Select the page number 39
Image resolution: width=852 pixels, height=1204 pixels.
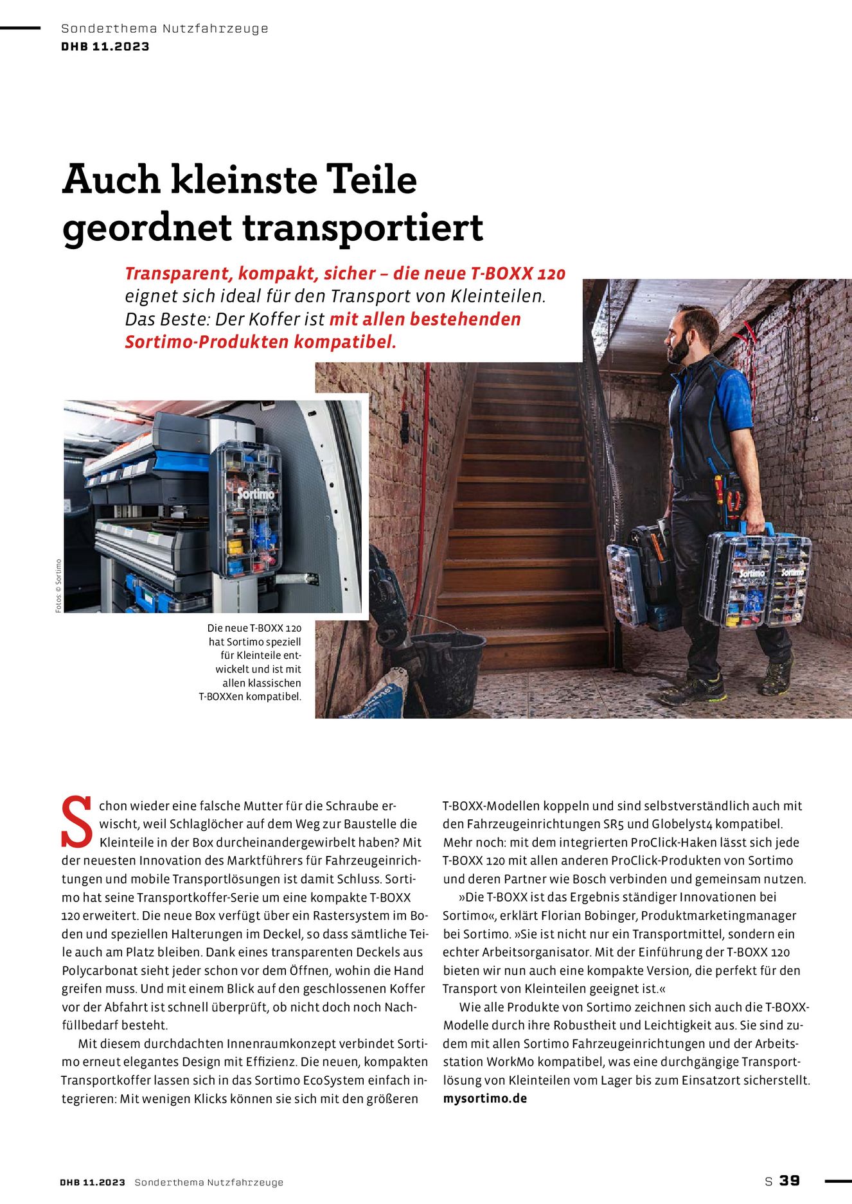(790, 1181)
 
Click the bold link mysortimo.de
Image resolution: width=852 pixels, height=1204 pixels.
(484, 1098)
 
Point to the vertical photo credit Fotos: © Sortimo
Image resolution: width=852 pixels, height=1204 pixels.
(58, 586)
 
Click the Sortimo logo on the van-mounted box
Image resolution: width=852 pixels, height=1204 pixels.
(256, 494)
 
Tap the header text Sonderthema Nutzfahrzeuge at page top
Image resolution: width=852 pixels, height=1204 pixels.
(164, 28)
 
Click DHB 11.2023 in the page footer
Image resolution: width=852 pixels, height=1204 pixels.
(93, 1182)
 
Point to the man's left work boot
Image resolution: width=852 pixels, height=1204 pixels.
(776, 678)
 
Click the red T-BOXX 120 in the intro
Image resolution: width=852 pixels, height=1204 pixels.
(518, 274)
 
